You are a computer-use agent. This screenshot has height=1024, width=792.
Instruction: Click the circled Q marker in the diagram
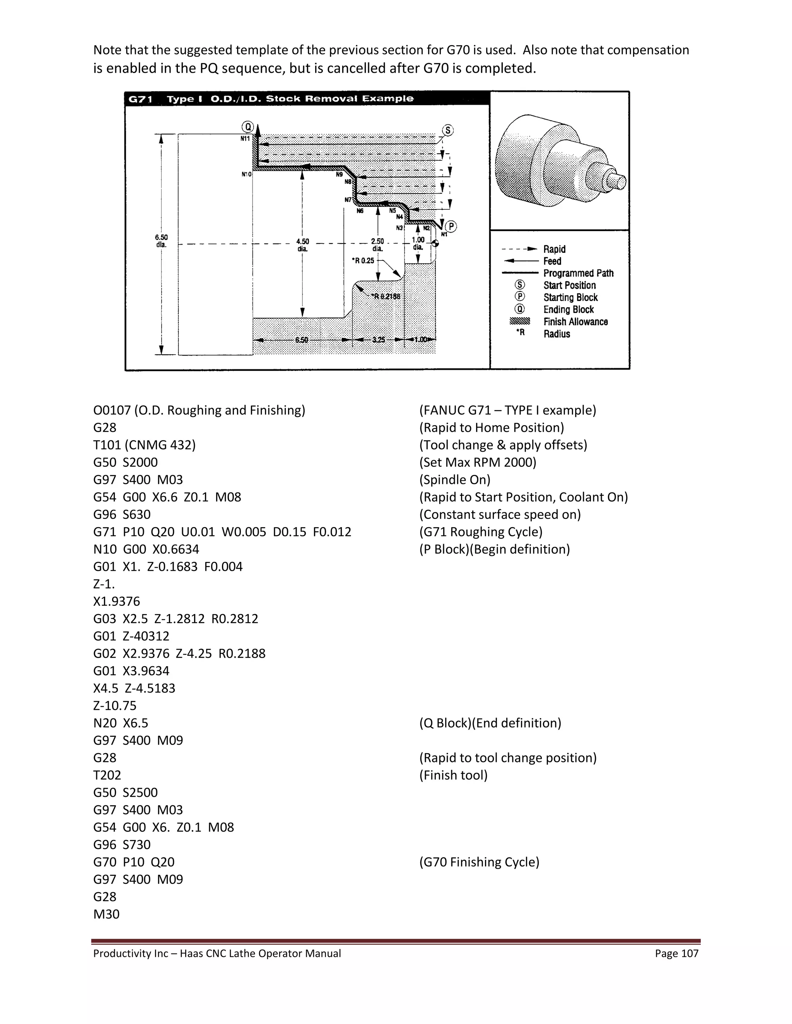[247, 127]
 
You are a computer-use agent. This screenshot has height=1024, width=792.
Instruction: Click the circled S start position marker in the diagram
[448, 130]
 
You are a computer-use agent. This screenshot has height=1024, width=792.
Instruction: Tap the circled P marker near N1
[451, 227]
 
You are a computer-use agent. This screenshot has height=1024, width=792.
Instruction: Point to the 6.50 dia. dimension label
[161, 241]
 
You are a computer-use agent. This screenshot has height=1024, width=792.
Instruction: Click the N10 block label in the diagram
[246, 174]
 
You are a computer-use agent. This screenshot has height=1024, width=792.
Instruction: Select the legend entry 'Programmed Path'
[578, 273]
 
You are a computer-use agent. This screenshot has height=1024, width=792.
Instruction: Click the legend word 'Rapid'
[554, 249]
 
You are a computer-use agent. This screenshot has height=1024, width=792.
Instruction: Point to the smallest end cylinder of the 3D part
[618, 181]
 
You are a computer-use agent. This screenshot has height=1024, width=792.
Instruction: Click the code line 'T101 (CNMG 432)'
[145, 444]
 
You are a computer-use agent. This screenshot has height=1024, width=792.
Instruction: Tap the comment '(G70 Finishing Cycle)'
[479, 862]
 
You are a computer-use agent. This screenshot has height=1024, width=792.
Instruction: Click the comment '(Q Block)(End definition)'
[490, 723]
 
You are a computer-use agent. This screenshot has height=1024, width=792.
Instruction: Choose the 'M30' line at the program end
[106, 914]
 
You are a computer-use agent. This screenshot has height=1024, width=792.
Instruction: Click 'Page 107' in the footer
[677, 953]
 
